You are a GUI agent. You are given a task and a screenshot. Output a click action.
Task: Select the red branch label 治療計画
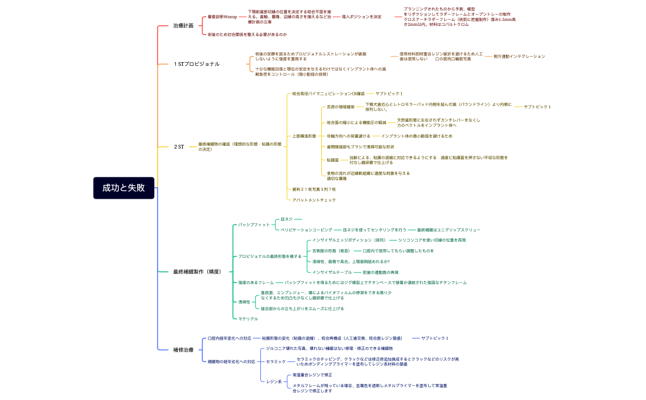[x=183, y=26]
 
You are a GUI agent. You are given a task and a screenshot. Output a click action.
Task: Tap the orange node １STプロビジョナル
[x=196, y=64]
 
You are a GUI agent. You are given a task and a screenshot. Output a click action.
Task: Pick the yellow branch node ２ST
[x=179, y=146]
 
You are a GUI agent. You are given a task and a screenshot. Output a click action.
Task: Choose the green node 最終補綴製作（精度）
[x=197, y=271]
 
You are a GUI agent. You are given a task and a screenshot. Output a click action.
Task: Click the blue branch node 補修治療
[x=183, y=350]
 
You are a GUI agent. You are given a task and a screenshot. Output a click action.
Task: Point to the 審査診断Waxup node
[x=222, y=17]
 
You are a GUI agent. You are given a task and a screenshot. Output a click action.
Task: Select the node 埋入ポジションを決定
[x=361, y=17]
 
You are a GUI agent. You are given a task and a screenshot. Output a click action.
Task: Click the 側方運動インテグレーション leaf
[x=519, y=56]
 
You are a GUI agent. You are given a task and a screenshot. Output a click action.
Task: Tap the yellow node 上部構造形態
[x=304, y=135]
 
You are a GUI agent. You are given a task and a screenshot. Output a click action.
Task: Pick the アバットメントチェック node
[x=314, y=200]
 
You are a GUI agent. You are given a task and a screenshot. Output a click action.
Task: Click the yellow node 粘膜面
[x=333, y=160]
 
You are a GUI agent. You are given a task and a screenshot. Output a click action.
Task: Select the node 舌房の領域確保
[x=341, y=106]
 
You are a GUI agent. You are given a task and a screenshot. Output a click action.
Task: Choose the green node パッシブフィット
[x=254, y=225]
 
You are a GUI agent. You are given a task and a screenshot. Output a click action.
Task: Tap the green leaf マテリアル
[x=248, y=319]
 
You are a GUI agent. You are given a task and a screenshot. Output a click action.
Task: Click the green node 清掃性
[x=245, y=302]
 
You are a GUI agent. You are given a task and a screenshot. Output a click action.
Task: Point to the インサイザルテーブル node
[x=332, y=272]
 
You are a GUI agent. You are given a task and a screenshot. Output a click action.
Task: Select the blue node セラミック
[x=276, y=361]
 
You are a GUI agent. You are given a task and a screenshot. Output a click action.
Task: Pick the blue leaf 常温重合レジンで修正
[x=313, y=375]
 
